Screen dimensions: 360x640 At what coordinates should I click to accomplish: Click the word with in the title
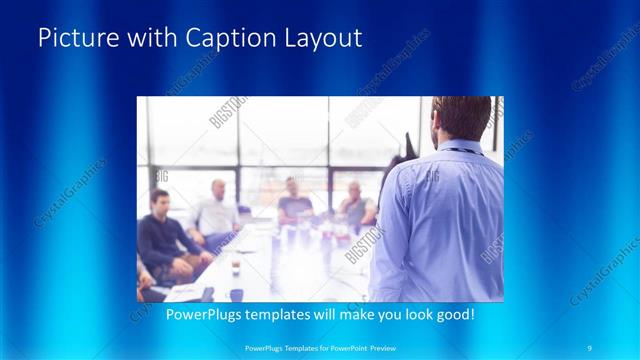pyautogui.click(x=148, y=39)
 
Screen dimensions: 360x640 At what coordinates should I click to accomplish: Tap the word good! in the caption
pyautogui.click(x=453, y=314)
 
